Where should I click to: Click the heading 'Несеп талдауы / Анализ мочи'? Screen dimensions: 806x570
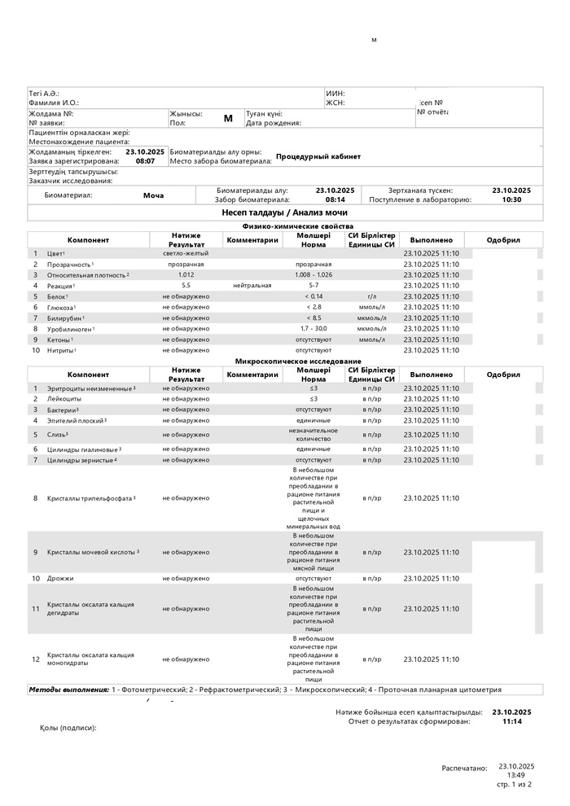(x=284, y=212)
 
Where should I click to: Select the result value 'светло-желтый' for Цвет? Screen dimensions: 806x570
(x=186, y=254)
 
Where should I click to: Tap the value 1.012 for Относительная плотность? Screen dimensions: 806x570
(x=186, y=275)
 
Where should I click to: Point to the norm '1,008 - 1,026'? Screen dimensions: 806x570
(x=313, y=275)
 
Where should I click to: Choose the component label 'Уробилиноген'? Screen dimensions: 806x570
(x=68, y=329)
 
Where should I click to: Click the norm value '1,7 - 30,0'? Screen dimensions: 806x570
(x=313, y=328)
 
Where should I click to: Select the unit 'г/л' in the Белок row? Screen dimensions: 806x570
(x=371, y=296)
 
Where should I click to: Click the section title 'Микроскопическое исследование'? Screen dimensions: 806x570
(x=298, y=361)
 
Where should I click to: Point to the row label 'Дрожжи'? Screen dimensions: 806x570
(x=60, y=578)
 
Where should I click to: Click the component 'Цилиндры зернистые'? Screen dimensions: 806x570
(x=80, y=460)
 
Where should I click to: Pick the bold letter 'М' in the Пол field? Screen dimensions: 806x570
(x=228, y=118)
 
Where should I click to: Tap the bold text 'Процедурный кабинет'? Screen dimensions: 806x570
(x=318, y=156)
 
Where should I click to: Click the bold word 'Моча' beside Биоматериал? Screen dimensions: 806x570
(x=153, y=195)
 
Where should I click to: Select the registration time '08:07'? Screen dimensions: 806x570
(x=145, y=161)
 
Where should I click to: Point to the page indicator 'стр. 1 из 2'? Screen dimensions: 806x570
(x=515, y=784)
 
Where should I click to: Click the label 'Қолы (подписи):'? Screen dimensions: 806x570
(x=68, y=727)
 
